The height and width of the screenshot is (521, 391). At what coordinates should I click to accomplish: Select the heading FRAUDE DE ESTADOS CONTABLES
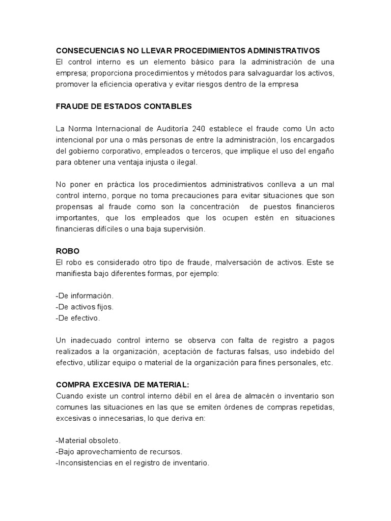[124, 106]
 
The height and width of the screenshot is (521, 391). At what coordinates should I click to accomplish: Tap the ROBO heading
[67, 251]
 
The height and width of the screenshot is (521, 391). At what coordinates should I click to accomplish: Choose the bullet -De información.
[85, 296]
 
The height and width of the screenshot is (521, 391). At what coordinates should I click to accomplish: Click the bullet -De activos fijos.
[85, 307]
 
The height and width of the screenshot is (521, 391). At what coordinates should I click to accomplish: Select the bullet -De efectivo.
[78, 318]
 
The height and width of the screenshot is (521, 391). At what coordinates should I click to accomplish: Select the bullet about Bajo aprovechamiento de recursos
[119, 451]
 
